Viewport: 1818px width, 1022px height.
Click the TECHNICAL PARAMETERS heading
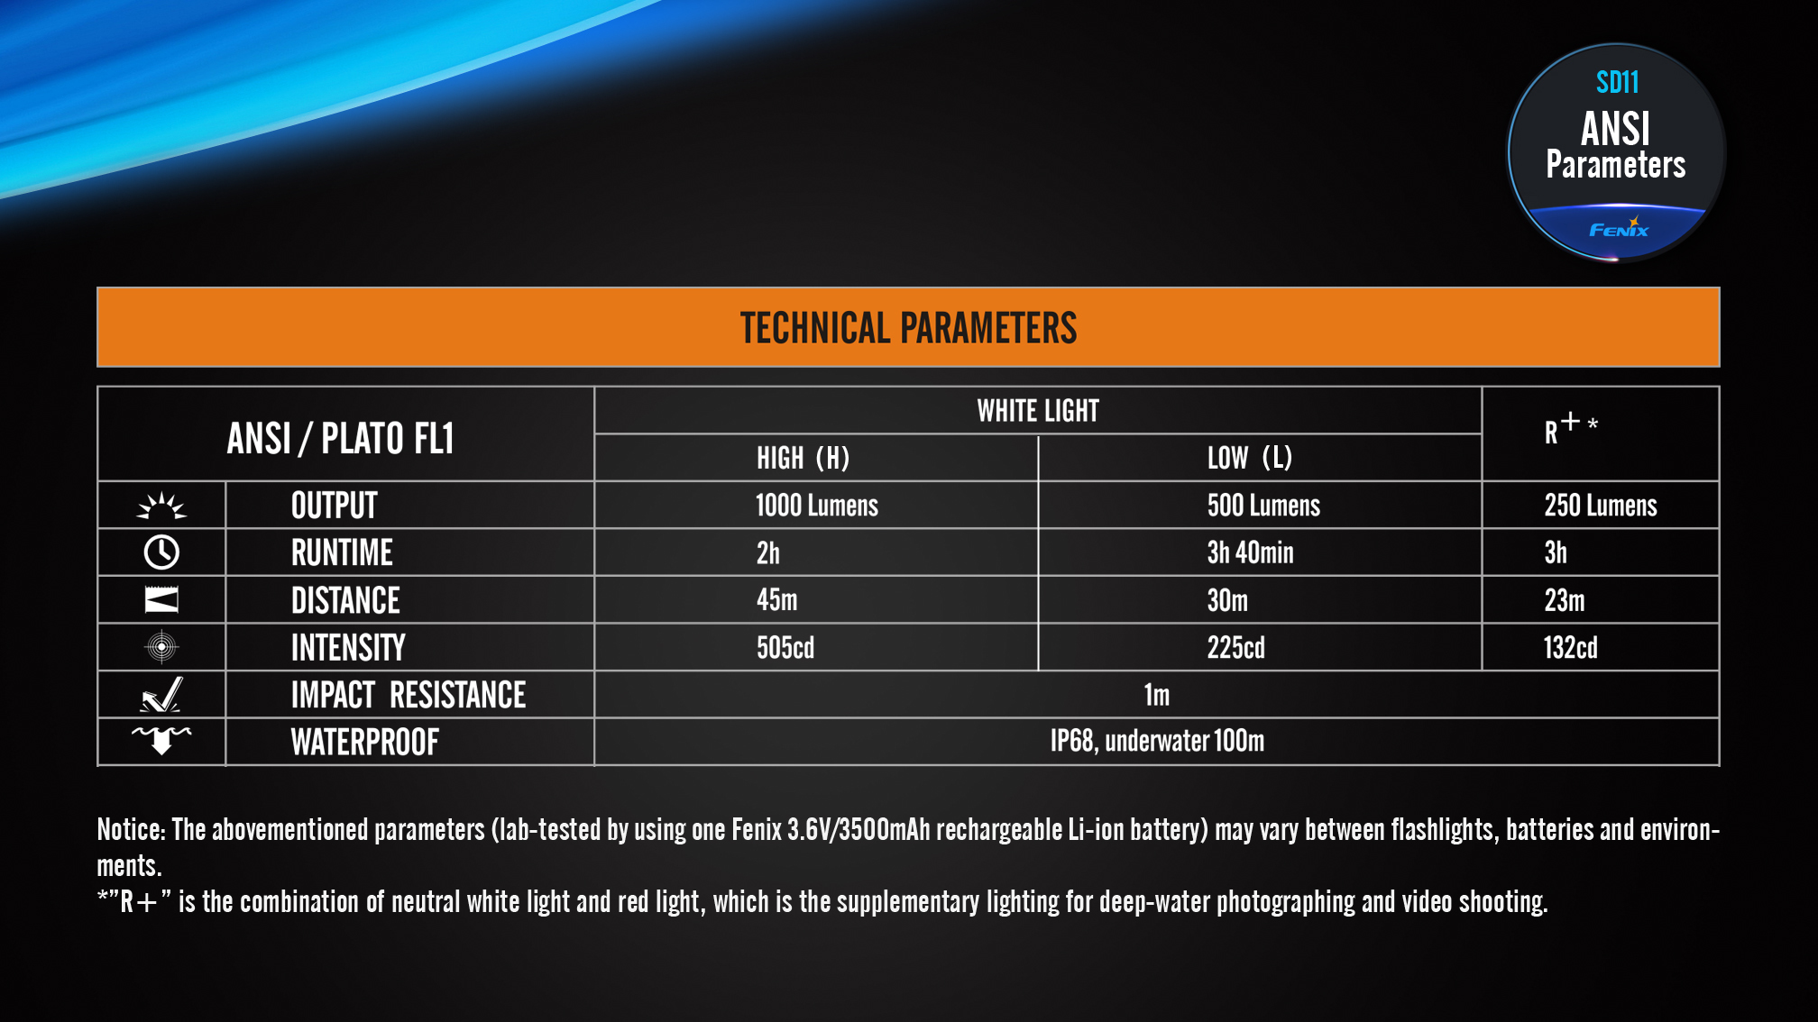coord(908,328)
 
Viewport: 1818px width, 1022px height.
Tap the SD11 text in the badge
coord(1617,83)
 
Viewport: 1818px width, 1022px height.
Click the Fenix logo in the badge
coord(1619,228)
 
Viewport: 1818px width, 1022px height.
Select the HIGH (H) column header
coord(803,458)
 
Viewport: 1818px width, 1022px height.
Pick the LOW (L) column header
coord(1249,458)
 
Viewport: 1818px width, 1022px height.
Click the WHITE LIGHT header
coord(1038,411)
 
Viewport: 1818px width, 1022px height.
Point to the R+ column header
coord(1570,428)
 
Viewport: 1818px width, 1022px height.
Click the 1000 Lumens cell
coord(816,506)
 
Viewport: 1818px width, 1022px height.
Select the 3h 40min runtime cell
coord(1250,552)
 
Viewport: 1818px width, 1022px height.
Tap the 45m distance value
coord(776,600)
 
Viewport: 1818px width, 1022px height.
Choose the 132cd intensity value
coord(1570,647)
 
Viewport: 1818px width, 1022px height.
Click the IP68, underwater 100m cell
coord(1157,741)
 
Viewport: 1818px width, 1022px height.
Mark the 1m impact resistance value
coord(1156,695)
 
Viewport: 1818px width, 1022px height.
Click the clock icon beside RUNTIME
coord(161,552)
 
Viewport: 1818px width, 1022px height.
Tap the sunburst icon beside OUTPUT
coord(161,506)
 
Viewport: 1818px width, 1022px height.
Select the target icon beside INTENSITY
coord(161,647)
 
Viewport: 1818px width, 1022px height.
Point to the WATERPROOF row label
coord(364,743)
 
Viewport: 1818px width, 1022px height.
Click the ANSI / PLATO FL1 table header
coord(340,439)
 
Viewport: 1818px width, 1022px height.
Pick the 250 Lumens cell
coord(1600,506)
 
